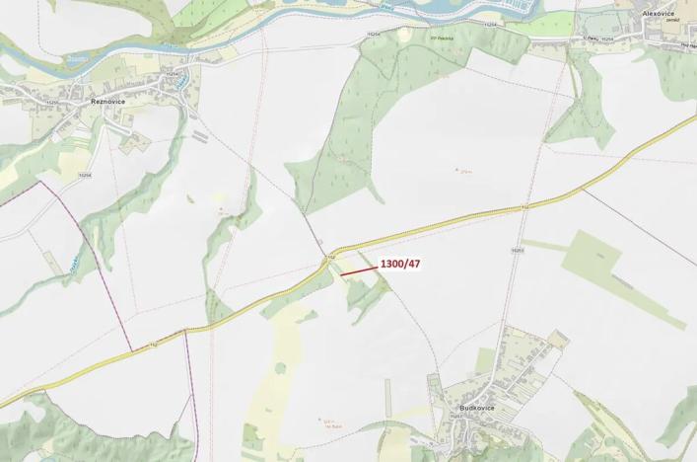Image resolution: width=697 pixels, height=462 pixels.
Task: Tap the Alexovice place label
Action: (x=658, y=13)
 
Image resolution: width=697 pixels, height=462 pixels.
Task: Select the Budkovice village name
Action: (x=476, y=407)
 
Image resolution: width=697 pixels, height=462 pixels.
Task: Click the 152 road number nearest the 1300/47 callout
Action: (x=332, y=256)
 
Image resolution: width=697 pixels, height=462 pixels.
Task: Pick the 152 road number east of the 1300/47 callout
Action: (x=524, y=207)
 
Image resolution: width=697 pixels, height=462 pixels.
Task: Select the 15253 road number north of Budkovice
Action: (x=516, y=252)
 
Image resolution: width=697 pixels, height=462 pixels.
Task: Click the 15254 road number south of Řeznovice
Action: (x=84, y=175)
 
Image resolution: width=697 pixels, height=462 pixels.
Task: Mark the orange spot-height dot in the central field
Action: (x=456, y=170)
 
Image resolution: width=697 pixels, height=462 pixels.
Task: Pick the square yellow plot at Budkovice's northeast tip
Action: (x=558, y=340)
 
